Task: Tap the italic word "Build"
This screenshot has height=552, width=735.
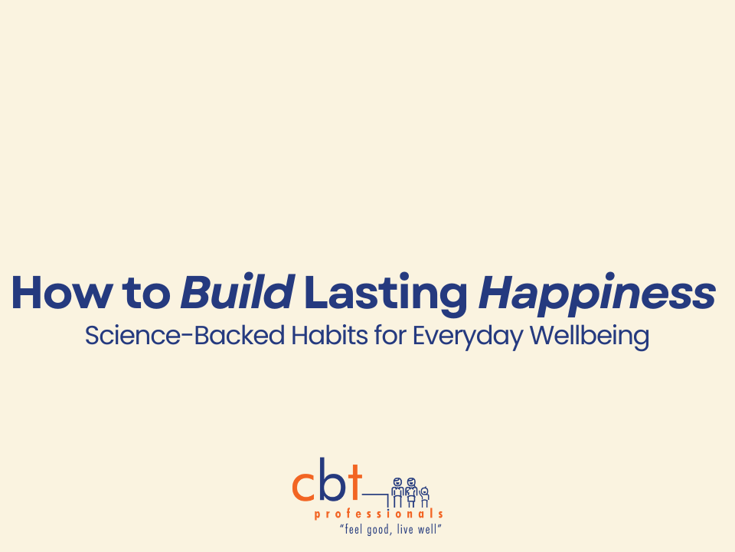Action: pos(237,294)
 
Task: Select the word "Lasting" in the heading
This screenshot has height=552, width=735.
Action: pos(386,294)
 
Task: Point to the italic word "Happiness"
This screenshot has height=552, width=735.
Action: pos(597,294)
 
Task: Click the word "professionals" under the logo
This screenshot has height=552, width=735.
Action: pos(378,514)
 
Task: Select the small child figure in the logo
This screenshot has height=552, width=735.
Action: pos(424,495)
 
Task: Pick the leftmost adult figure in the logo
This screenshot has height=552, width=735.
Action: pos(397,491)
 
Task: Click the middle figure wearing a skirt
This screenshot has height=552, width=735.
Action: pos(411,491)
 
